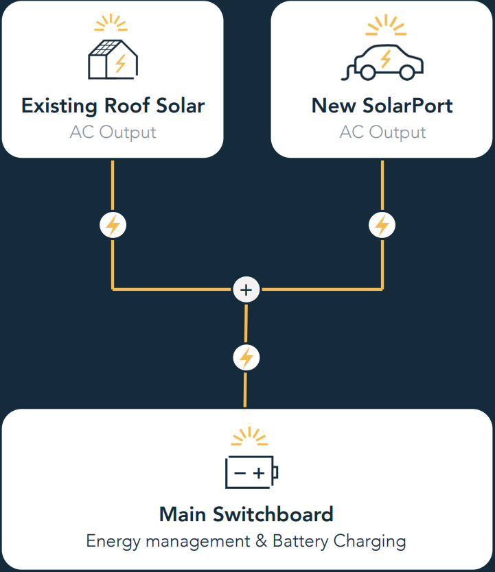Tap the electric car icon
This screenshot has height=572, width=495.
pyautogui.click(x=382, y=62)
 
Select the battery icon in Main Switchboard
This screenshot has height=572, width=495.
pyautogui.click(x=251, y=472)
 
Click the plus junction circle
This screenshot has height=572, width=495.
pyautogui.click(x=246, y=289)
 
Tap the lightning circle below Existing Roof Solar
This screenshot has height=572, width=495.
pyautogui.click(x=113, y=225)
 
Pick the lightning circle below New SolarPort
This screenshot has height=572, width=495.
pyautogui.click(x=382, y=225)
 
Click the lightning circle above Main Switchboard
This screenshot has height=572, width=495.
pyautogui.click(x=246, y=357)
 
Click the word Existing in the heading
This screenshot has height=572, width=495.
pyautogui.click(x=60, y=106)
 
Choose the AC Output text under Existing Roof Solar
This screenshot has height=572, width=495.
pyautogui.click(x=113, y=132)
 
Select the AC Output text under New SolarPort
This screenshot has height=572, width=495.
pyautogui.click(x=382, y=132)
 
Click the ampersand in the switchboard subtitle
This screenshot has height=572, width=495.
pyautogui.click(x=261, y=540)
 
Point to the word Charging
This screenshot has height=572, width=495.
pyautogui.click(x=370, y=541)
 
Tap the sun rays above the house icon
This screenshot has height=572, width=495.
pyautogui.click(x=111, y=23)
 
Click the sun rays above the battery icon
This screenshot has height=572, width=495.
pyautogui.click(x=249, y=437)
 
